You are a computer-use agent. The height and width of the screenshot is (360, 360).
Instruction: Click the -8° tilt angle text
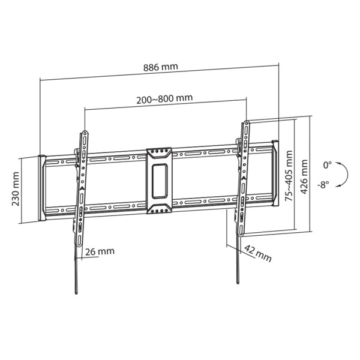(325, 185)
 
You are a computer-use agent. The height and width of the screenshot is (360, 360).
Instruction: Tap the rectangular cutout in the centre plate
(159, 181)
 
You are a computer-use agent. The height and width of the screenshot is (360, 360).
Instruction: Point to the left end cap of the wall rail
(42, 188)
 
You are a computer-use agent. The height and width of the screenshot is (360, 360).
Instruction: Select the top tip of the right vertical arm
(246, 122)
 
